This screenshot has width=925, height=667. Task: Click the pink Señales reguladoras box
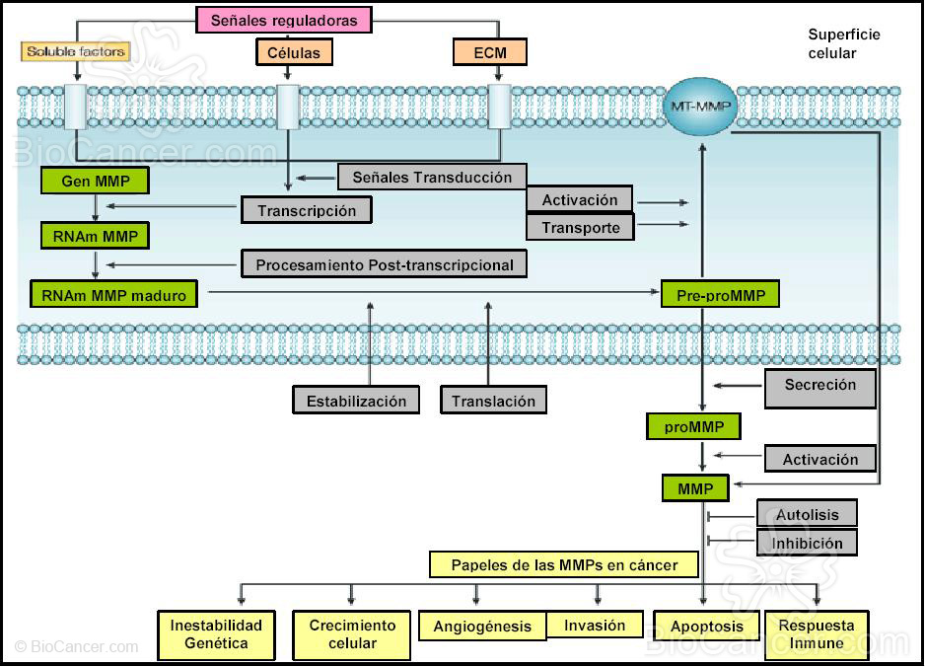pos(284,20)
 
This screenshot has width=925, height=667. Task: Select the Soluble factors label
pos(76,51)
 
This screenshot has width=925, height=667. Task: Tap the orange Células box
pos(294,51)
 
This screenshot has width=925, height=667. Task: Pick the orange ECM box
pos(489,51)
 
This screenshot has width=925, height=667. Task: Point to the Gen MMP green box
pos(95,181)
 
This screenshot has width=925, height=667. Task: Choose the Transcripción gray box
pos(306,210)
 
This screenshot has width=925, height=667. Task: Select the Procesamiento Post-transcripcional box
pos(384,264)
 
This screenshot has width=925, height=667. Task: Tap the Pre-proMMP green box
pos(720,294)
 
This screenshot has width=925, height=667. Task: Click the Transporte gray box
pos(580,227)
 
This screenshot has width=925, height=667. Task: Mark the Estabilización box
pos(356,401)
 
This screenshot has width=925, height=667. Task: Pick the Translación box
pos(493,401)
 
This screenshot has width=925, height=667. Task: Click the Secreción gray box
pos(819,386)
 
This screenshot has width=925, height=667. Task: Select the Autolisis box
pos(807,514)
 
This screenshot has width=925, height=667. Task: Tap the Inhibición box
pos(807,543)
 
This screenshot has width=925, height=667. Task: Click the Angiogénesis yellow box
pos(482,627)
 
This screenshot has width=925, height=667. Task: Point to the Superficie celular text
pos(843,43)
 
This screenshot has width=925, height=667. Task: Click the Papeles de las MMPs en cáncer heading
pos(564,565)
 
